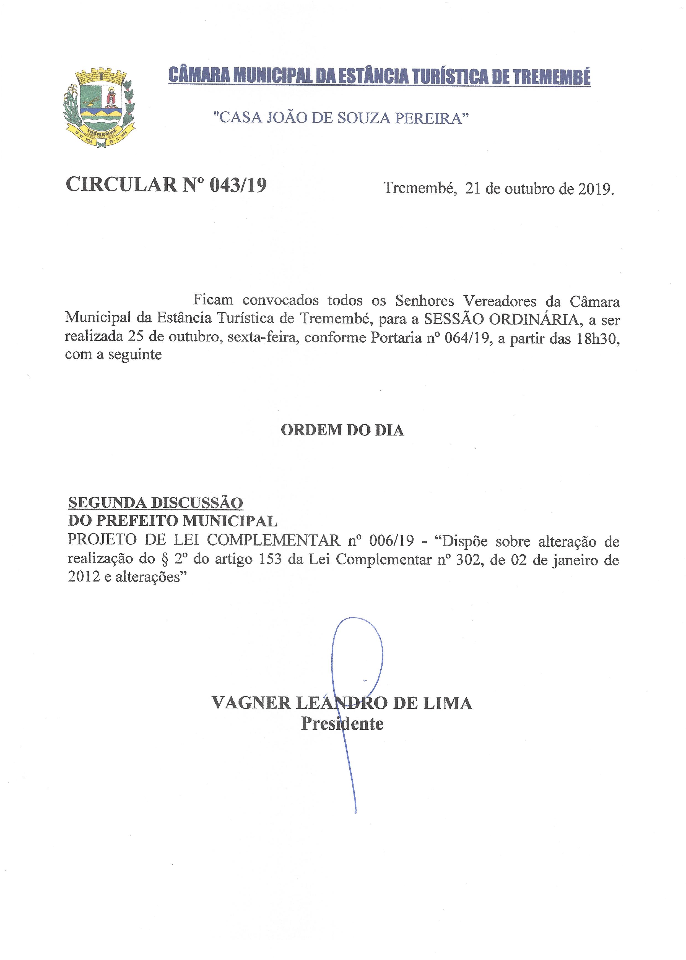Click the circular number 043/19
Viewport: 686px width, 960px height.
(238, 185)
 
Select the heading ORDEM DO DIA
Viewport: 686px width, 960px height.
(342, 430)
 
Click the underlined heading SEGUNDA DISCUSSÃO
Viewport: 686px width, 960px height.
(155, 503)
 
